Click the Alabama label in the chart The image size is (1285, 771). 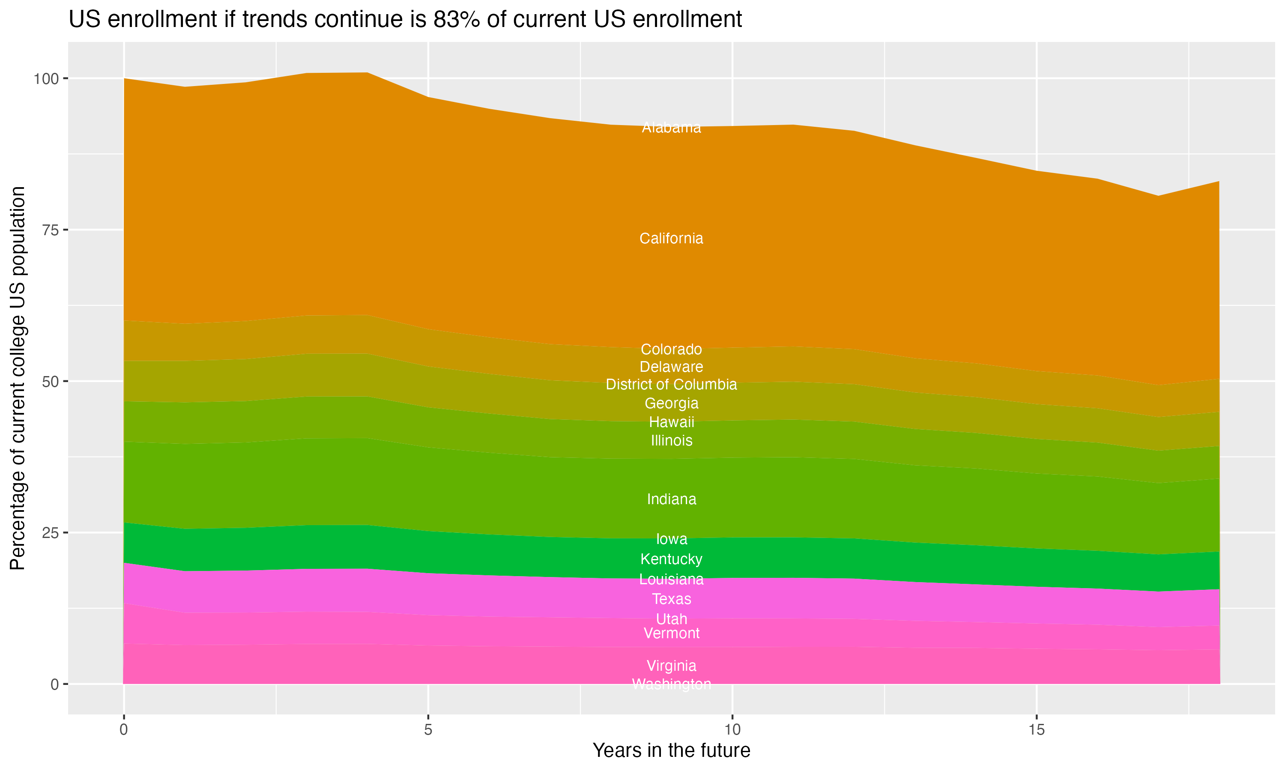coord(671,127)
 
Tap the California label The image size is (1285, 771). coord(671,239)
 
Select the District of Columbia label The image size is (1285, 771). coord(671,385)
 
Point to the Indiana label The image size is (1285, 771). coord(671,499)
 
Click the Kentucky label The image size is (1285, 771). coord(671,559)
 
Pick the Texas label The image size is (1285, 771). coord(671,599)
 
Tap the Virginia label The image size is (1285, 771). coord(671,666)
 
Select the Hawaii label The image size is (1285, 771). coord(671,422)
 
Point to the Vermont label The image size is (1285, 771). coord(671,634)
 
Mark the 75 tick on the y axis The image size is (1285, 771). coord(49,230)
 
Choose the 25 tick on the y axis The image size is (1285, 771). coord(49,533)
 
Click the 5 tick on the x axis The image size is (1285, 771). coord(428,730)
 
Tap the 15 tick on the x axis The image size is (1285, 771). coord(1036,730)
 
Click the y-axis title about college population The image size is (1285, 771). coord(18,378)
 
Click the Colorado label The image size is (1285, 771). coord(671,349)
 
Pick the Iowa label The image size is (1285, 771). coord(671,539)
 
